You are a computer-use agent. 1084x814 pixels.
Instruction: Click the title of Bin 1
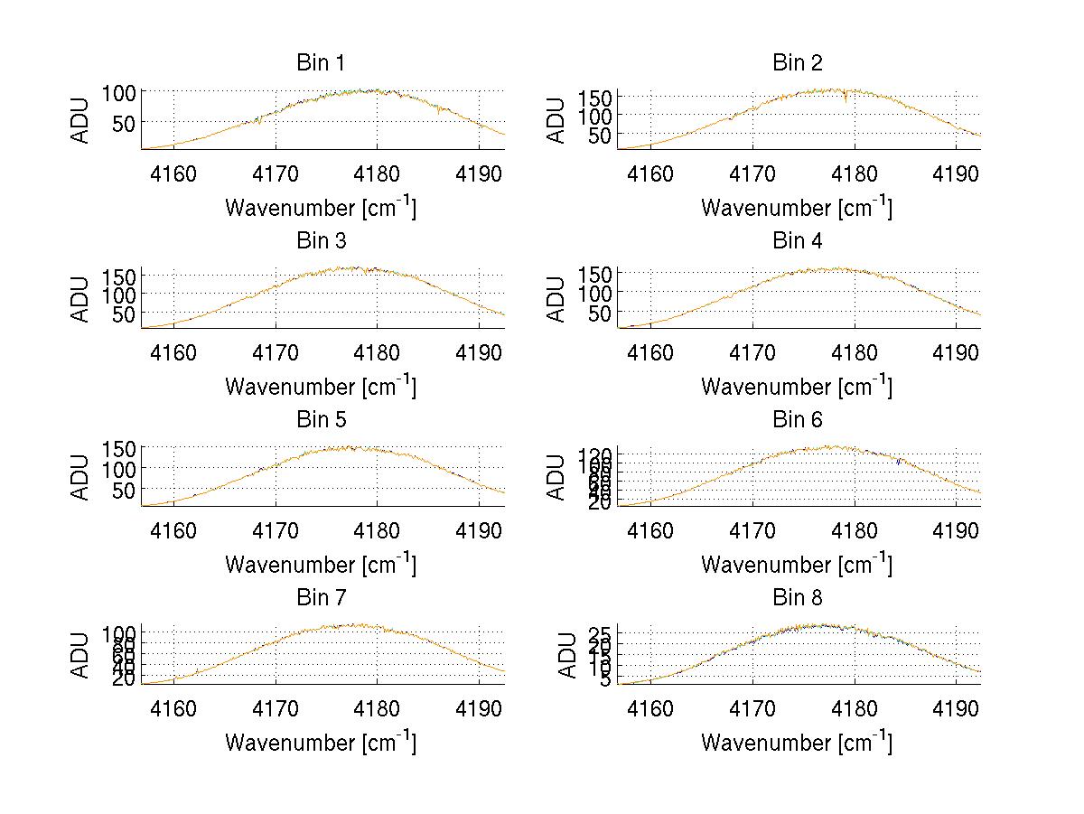(x=321, y=62)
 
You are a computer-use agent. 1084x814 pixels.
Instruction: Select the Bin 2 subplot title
(x=798, y=62)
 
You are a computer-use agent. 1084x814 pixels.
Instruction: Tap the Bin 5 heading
(x=321, y=419)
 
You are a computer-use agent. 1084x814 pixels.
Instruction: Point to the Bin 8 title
(x=798, y=597)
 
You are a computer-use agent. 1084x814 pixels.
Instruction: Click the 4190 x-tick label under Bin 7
(x=480, y=707)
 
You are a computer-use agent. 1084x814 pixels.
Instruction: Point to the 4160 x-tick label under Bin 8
(x=650, y=707)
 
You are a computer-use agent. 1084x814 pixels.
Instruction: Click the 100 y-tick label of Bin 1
(x=118, y=92)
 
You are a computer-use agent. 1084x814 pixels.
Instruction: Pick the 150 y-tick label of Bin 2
(x=594, y=97)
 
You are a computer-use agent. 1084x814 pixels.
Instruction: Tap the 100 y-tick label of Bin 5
(x=118, y=469)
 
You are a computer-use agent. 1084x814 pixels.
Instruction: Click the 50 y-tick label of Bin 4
(x=602, y=313)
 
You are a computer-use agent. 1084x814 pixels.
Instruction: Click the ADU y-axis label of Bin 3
(x=81, y=297)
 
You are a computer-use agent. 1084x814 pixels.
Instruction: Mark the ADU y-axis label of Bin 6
(x=557, y=476)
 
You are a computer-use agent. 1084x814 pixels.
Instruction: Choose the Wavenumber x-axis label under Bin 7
(x=321, y=743)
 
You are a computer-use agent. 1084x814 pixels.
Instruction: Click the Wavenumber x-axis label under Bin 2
(x=797, y=208)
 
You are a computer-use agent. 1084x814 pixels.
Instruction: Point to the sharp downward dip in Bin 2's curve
(x=846, y=102)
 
